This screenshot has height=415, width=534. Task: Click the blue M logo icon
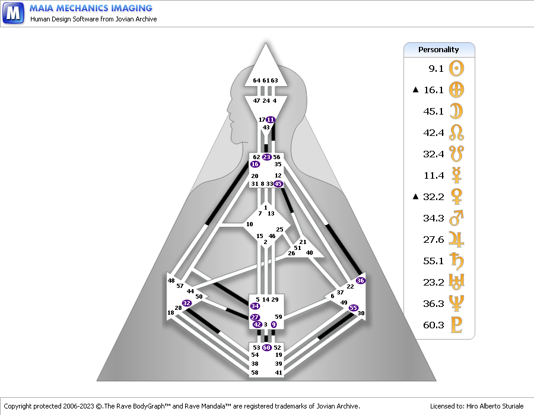(14, 13)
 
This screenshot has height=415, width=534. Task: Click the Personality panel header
(438, 50)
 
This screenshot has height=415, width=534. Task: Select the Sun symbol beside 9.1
(456, 68)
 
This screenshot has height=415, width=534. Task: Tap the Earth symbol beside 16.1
(456, 90)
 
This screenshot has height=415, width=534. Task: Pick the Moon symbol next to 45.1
(456, 111)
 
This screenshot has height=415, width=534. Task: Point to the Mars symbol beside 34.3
(456, 219)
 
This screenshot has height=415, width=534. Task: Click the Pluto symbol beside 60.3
(456, 324)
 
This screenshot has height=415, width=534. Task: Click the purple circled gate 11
(271, 119)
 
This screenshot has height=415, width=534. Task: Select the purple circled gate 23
(266, 157)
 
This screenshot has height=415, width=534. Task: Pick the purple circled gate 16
(255, 164)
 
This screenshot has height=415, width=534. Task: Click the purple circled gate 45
(278, 183)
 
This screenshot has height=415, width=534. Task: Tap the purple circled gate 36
(360, 280)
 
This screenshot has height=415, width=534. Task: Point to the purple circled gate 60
(266, 347)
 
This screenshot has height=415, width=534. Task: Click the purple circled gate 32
(187, 303)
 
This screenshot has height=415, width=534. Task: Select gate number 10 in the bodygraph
(250, 224)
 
